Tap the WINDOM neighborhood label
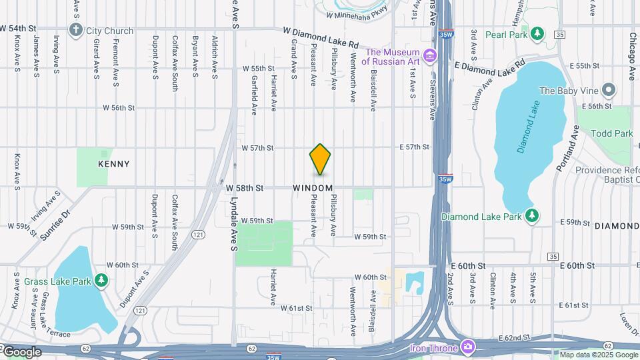tap(313, 189)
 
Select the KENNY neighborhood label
tap(114, 164)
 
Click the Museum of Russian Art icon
tap(431, 54)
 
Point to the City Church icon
tap(77, 30)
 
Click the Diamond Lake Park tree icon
tap(532, 216)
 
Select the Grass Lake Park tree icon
tap(101, 281)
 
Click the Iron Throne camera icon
tap(468, 347)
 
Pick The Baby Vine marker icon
tap(607, 90)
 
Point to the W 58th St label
tap(245, 189)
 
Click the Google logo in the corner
tap(22, 351)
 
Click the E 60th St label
tap(577, 265)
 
